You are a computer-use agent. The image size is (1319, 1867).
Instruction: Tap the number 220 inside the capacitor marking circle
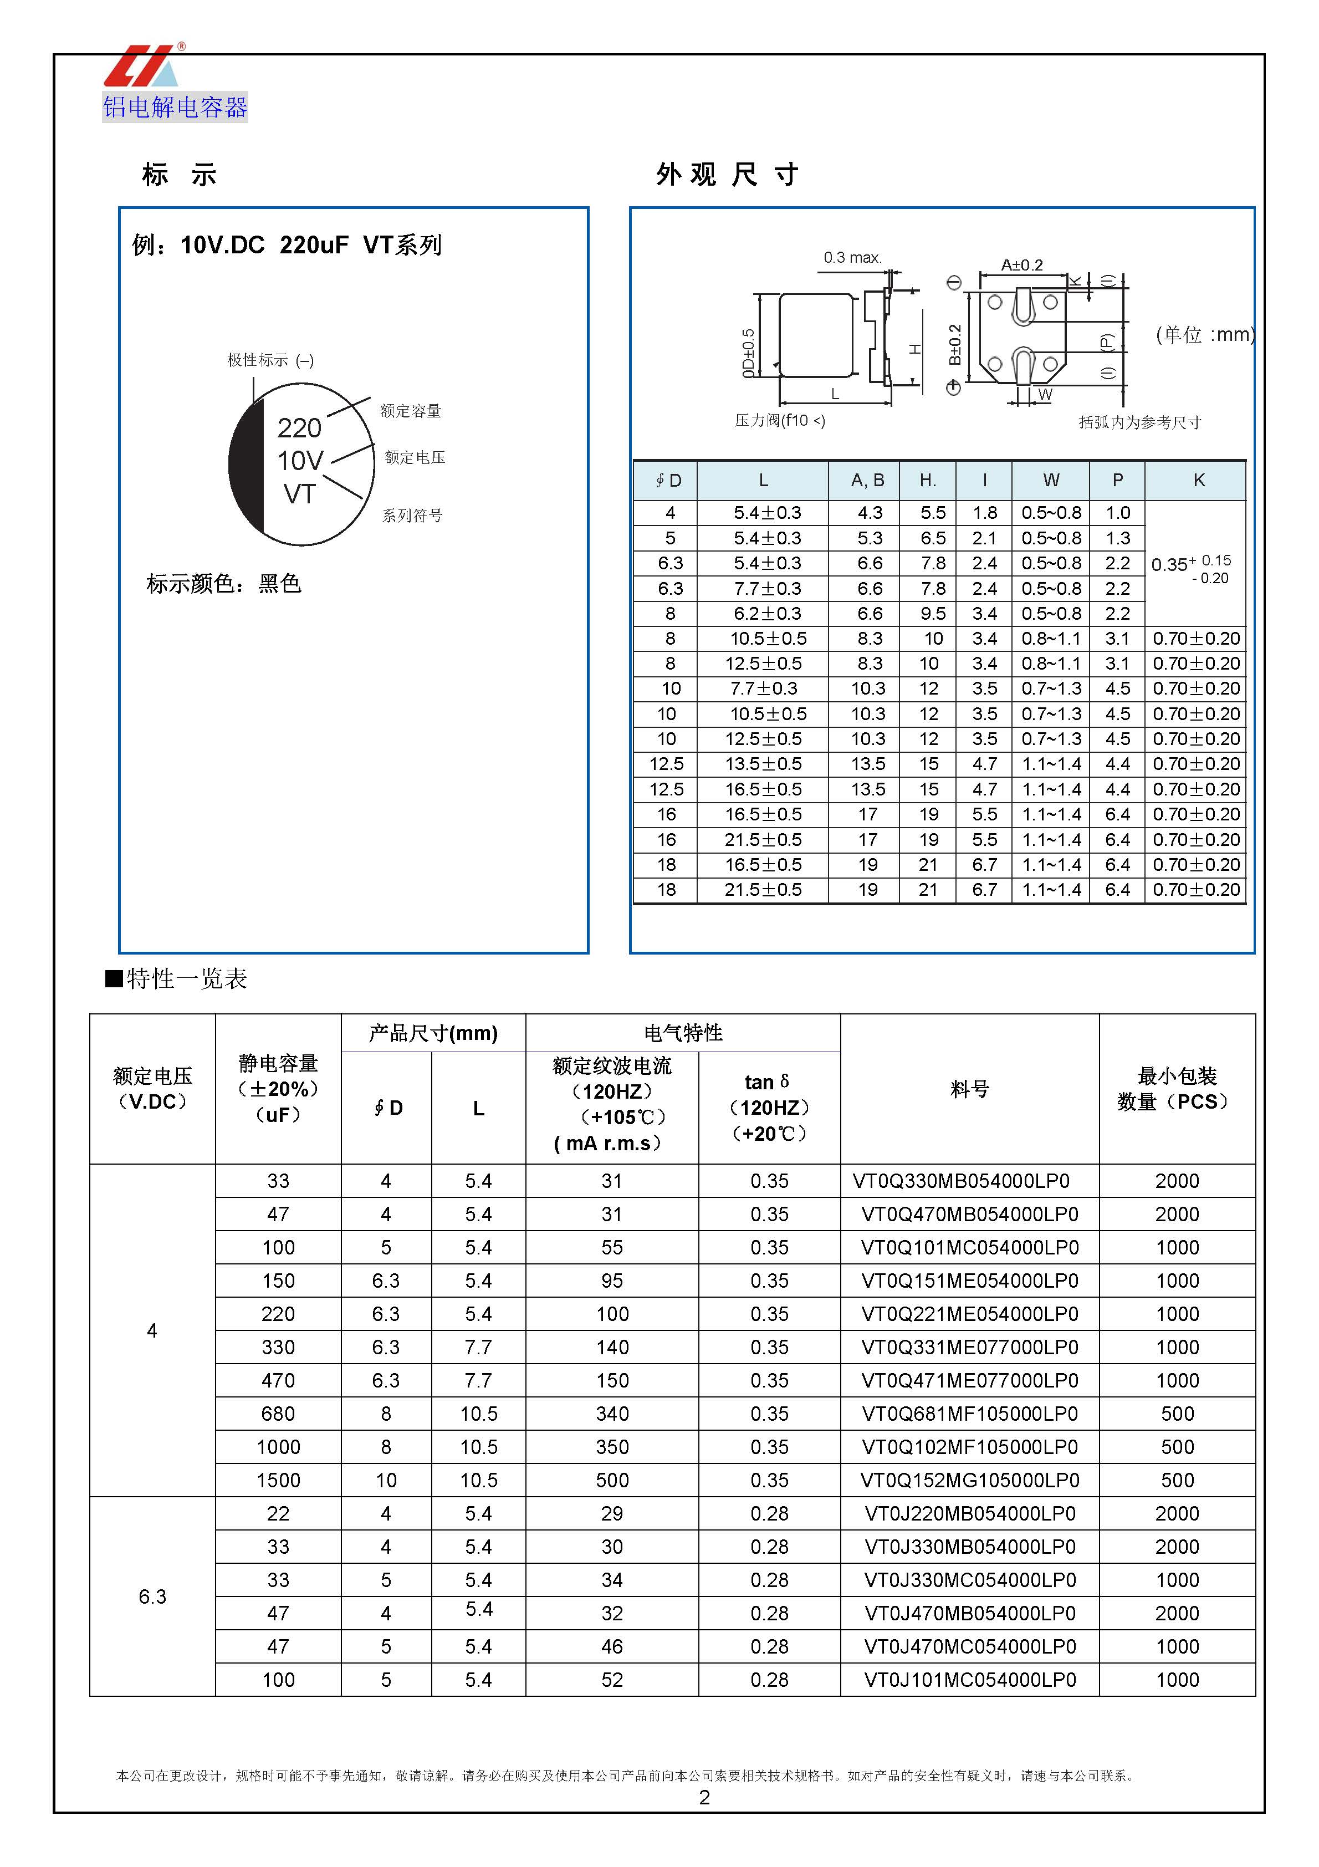[x=299, y=428]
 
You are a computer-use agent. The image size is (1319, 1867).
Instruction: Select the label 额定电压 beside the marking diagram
[x=415, y=458]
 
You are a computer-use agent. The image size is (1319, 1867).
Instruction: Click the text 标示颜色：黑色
[x=224, y=583]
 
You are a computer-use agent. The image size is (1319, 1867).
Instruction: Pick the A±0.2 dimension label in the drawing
[x=1021, y=265]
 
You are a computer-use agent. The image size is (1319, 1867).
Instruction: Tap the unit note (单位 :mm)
[x=1204, y=334]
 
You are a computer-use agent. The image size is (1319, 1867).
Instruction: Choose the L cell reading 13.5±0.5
[x=763, y=763]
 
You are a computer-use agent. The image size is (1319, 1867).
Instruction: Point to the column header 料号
[x=969, y=1089]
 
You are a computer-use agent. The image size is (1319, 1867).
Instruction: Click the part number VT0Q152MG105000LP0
[x=969, y=1480]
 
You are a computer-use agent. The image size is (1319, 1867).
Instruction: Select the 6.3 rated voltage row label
[x=152, y=1596]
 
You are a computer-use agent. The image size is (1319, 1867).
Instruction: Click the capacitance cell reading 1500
[x=278, y=1480]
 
